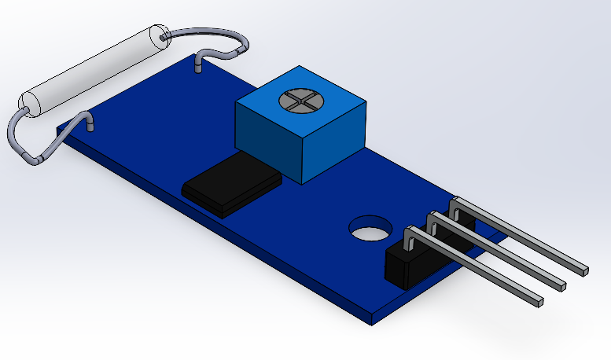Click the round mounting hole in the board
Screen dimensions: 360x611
pyautogui.click(x=370, y=229)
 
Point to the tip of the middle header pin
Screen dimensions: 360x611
pyautogui.click(x=561, y=284)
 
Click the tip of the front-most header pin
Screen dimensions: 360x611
pyautogui.click(x=539, y=299)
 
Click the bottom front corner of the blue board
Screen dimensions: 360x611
pyautogui.click(x=371, y=321)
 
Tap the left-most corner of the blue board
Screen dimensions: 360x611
pyautogui.click(x=61, y=144)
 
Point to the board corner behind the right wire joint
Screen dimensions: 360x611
pyautogui.click(x=197, y=57)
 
